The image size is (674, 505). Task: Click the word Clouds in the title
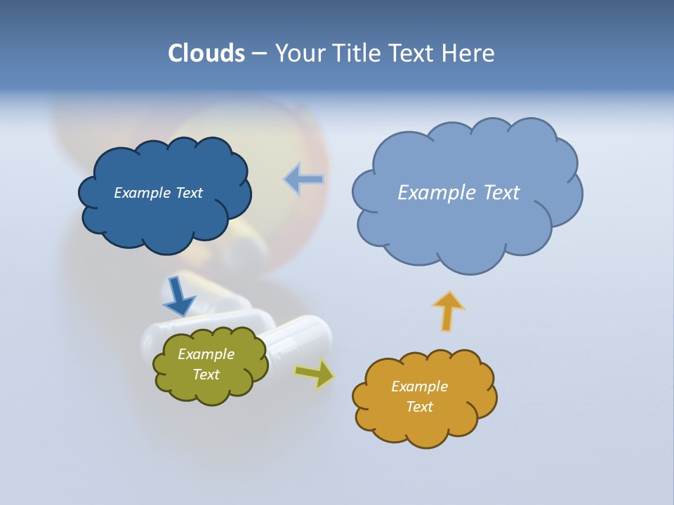point(206,53)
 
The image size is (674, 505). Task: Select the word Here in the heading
point(470,53)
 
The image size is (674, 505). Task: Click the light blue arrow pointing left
point(304,179)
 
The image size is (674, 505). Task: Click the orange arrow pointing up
point(448,310)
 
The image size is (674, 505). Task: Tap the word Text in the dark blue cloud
point(189,193)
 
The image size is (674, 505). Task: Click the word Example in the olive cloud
point(206,354)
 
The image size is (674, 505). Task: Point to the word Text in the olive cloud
point(206,375)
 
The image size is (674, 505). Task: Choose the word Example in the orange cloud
point(419,386)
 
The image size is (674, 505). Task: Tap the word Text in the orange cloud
point(419,407)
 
